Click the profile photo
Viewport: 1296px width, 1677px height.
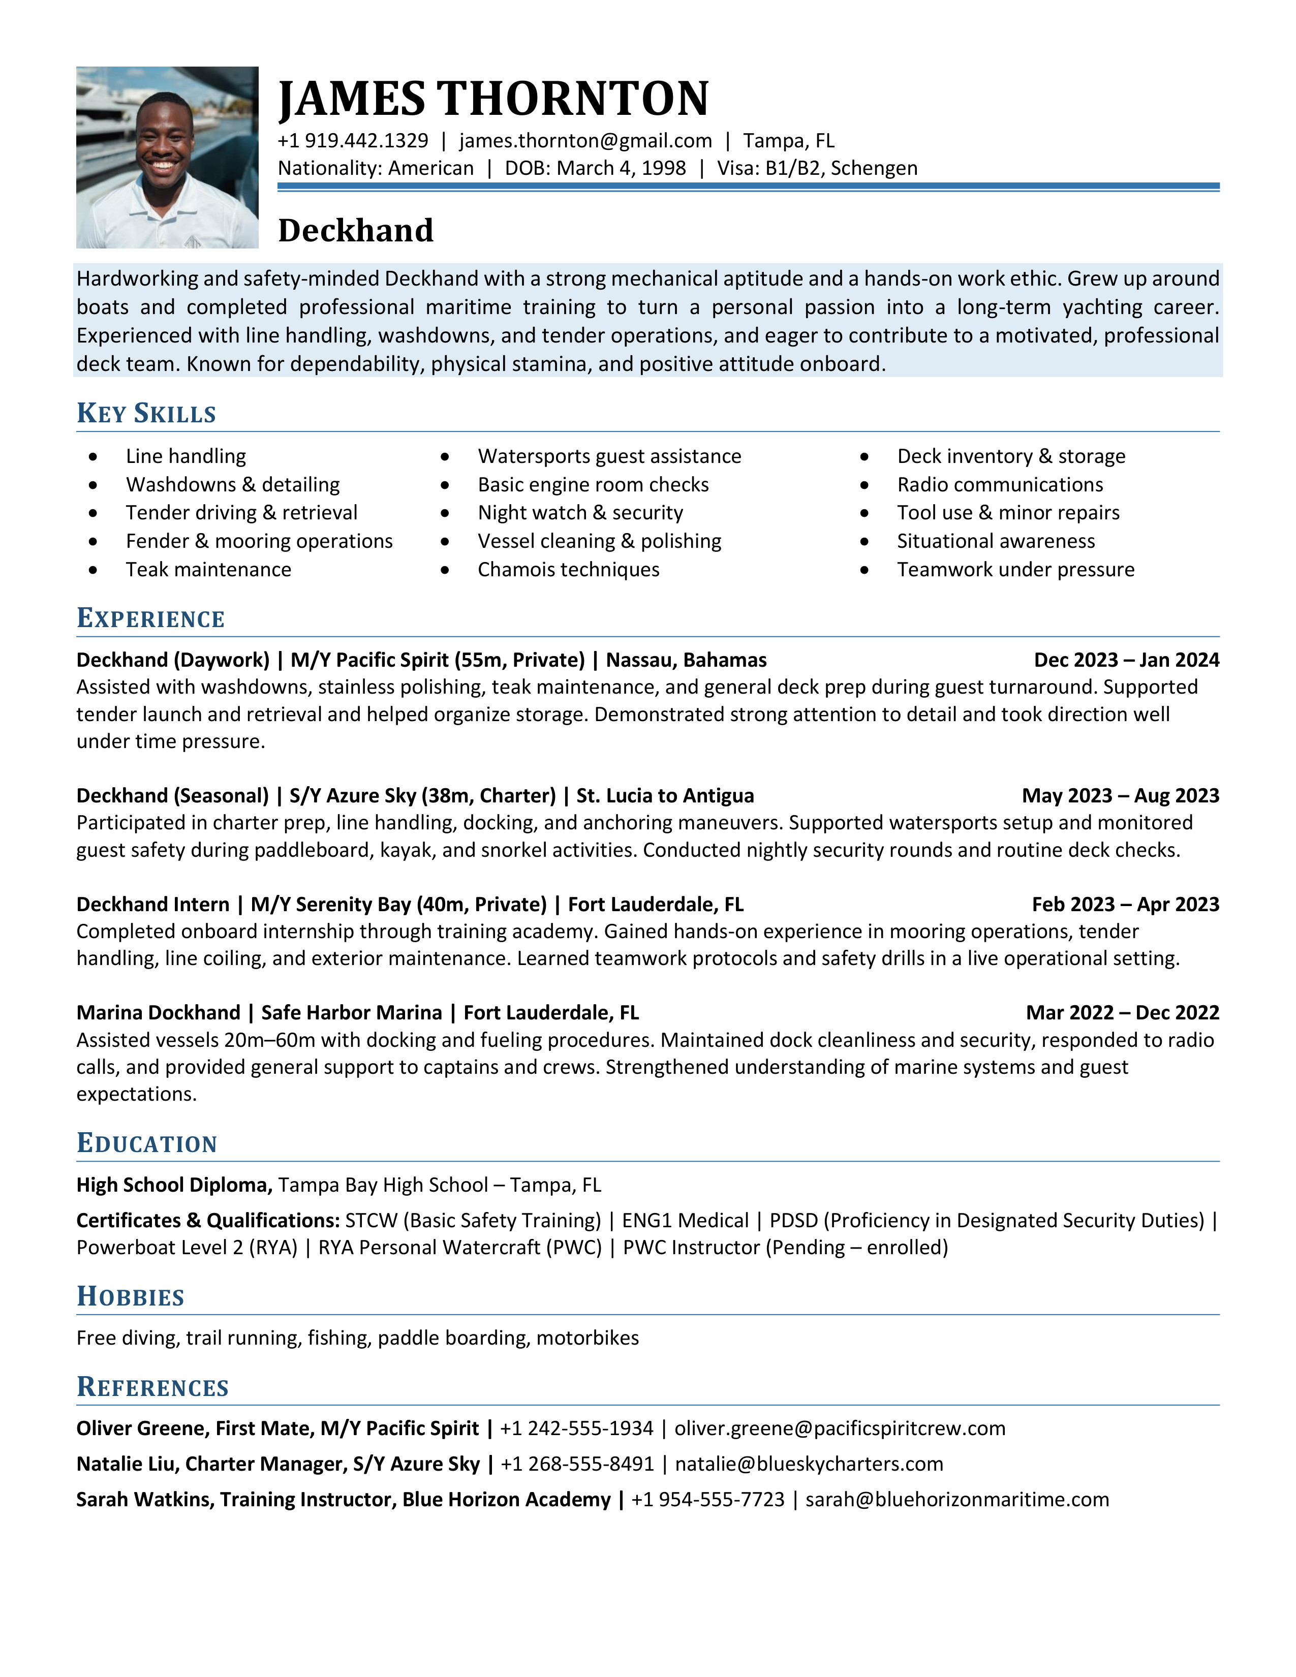(167, 158)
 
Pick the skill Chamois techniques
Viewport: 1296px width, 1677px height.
(568, 570)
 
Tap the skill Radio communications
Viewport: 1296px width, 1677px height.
(1000, 484)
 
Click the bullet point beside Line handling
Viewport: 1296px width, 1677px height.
(93, 457)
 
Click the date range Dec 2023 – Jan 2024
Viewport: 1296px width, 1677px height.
(1126, 660)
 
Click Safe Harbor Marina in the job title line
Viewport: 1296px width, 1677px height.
(352, 1013)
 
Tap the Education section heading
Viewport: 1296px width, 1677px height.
(147, 1143)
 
